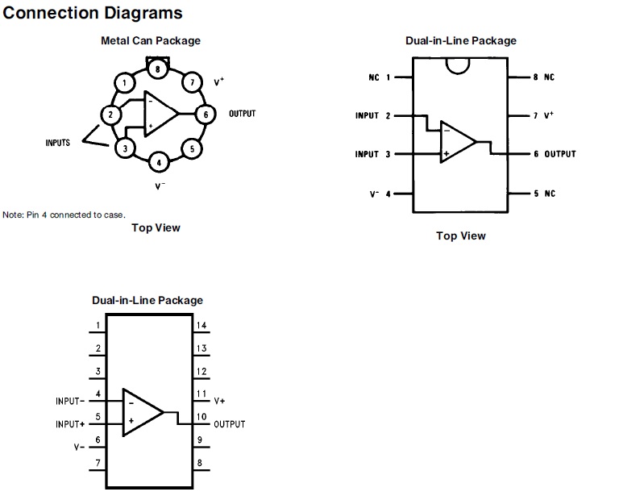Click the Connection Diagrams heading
pos(93,14)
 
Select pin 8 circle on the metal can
pos(158,69)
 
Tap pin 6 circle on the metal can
pos(206,115)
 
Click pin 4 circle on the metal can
pos(159,163)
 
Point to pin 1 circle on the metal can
pos(123,82)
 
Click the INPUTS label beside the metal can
pos(57,143)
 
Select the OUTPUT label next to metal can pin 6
pos(242,114)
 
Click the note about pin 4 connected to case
pos(64,215)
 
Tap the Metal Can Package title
pos(151,40)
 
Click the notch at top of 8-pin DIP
pos(457,65)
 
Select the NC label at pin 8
pos(549,77)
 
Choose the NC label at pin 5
pos(549,194)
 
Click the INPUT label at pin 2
pos(367,116)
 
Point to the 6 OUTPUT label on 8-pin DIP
pos(555,154)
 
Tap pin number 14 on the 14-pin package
pos(201,326)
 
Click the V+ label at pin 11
pos(219,401)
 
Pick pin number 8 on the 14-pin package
pos(199,464)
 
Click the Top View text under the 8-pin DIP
pos(461,235)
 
